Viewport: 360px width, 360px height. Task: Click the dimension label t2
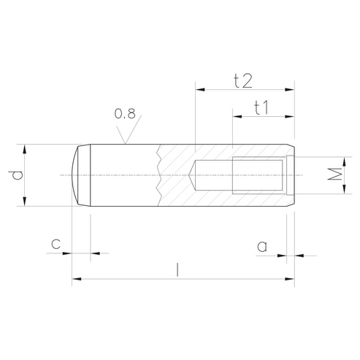243,81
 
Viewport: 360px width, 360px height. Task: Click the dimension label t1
261,107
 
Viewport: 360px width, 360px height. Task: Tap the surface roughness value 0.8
125,114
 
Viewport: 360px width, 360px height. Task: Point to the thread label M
334,174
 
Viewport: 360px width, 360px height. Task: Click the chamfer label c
55,244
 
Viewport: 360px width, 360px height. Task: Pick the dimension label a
262,246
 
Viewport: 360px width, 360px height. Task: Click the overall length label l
178,269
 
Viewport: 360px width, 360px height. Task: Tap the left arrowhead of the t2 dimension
200,90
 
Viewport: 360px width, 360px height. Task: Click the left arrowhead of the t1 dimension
237,117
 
